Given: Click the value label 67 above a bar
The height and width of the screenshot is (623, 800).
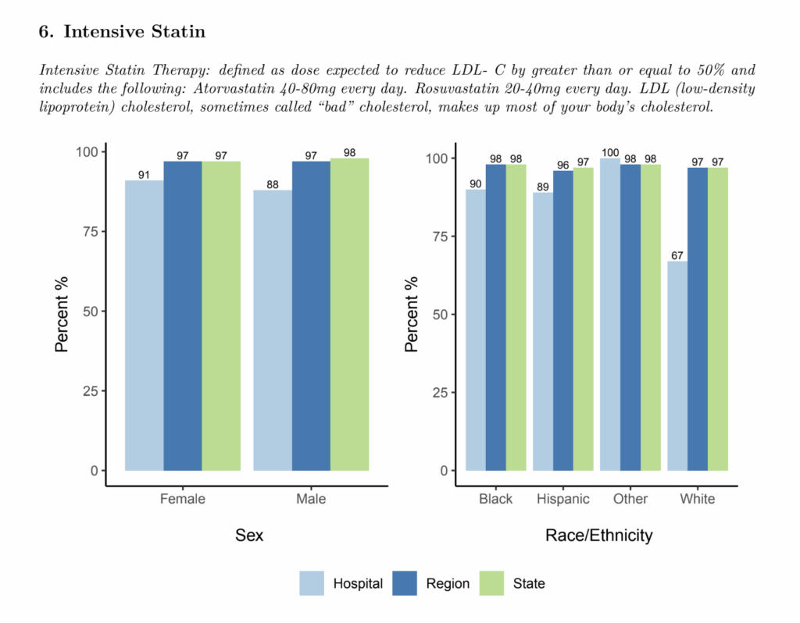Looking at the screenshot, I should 677,255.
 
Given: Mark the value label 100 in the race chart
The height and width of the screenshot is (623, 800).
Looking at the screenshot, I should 609,152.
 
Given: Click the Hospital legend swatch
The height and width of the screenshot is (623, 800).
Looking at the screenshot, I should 311,583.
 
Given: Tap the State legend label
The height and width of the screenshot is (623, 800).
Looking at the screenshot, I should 529,583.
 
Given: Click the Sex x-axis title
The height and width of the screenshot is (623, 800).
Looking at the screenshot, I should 249,536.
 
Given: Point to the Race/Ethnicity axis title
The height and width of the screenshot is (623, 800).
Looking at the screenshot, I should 598,536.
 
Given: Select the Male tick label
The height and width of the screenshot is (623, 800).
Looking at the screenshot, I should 311,499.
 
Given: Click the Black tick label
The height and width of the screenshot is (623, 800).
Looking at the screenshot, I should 495,499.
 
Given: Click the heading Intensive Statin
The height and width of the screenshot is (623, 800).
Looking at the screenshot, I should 134,32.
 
